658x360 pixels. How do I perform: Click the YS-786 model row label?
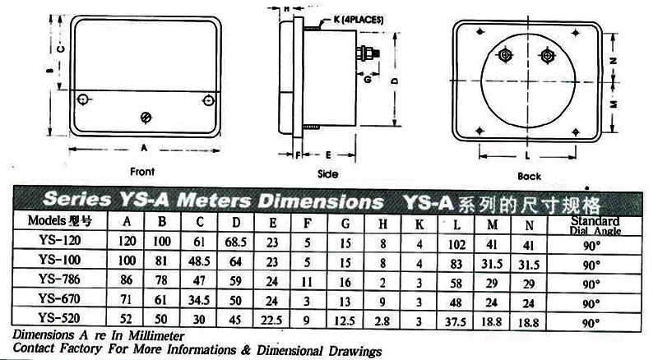(59, 279)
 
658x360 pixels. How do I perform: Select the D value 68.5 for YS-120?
(235, 242)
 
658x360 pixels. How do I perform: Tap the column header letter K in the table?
(419, 224)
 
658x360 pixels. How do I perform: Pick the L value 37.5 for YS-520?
(456, 322)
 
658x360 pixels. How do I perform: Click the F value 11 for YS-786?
(307, 282)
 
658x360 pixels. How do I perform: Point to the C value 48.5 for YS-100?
(199, 261)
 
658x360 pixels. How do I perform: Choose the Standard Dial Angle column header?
(595, 226)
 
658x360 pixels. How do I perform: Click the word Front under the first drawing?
(142, 172)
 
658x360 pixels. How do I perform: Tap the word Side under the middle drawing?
(327, 173)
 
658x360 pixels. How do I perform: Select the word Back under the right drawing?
(529, 176)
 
